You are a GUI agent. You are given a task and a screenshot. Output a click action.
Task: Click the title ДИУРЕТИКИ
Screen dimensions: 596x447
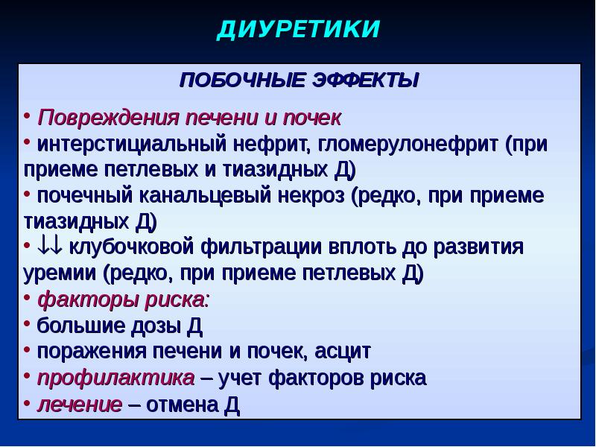pos(299,29)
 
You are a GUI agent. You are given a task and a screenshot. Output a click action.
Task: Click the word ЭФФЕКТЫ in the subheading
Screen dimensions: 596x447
pos(365,80)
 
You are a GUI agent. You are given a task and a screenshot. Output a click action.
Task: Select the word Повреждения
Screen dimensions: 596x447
pos(107,118)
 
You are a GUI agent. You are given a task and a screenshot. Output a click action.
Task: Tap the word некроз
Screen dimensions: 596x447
pos(311,196)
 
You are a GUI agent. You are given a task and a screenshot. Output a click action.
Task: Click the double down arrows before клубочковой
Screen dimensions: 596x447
pos(49,247)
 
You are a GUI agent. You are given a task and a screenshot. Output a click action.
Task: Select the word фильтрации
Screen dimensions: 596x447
pos(261,247)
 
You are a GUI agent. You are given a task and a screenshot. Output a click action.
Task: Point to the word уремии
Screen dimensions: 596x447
pos(60,273)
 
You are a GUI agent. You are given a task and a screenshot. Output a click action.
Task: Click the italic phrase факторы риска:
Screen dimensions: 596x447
pos(123,299)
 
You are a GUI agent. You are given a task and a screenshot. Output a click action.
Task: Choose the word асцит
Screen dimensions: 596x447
pos(343,351)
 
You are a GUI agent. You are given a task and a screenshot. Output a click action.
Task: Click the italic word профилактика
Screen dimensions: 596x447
pos(116,378)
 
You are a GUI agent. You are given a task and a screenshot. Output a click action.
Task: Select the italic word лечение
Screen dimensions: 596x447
pos(80,405)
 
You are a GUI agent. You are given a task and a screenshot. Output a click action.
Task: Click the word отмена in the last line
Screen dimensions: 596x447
pos(183,405)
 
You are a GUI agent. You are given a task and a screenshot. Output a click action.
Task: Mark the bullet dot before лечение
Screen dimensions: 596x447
pos(27,402)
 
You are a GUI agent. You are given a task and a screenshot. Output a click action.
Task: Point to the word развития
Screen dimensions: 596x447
pos(478,247)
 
